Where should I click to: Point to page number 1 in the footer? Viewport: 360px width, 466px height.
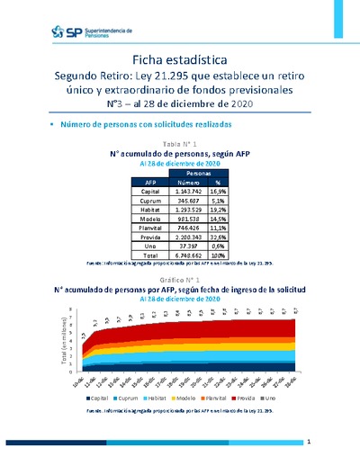pos(309,443)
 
